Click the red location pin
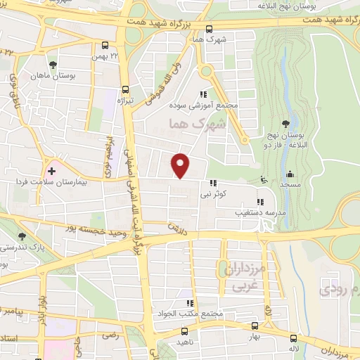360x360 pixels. pyautogui.click(x=181, y=166)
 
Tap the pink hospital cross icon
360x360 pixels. pyautogui.click(x=51, y=170)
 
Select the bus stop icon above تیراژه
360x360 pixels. pyautogui.click(x=126, y=89)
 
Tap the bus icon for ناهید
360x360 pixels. pyautogui.click(x=184, y=330)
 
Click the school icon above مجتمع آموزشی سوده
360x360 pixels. pyautogui.click(x=203, y=95)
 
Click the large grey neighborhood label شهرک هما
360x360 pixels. pyautogui.click(x=191, y=125)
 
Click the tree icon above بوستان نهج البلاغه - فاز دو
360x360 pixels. pyautogui.click(x=285, y=124)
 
